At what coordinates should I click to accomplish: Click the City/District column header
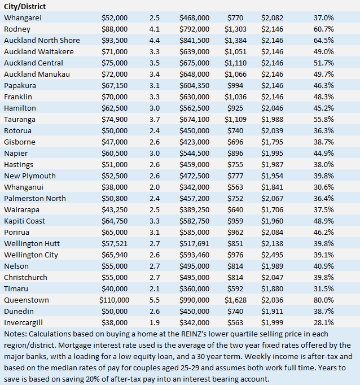(x=25, y=6)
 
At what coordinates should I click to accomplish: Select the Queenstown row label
(x=26, y=300)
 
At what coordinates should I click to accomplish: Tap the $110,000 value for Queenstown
(x=114, y=300)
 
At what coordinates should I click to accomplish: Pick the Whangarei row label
(x=23, y=17)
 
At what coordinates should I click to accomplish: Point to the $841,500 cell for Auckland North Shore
(x=194, y=40)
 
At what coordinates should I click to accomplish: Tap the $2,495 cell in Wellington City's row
(x=273, y=255)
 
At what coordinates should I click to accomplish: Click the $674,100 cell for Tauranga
(x=194, y=119)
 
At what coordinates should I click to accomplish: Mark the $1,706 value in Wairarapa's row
(x=273, y=209)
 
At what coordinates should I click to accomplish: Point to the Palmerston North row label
(x=35, y=198)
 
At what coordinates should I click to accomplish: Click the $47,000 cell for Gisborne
(x=115, y=142)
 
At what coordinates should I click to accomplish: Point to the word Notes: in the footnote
(x=16, y=334)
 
